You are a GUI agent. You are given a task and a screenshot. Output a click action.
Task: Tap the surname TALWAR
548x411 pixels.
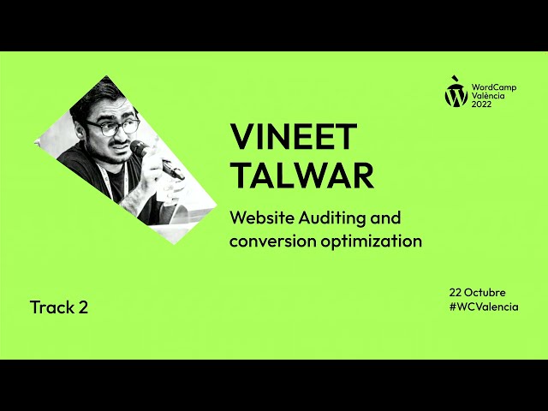302,176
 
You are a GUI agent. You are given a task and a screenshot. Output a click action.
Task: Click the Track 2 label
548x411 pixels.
58,307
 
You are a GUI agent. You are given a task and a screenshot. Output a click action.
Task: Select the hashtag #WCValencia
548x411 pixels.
483,307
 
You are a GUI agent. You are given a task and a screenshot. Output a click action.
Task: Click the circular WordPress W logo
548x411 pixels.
456,95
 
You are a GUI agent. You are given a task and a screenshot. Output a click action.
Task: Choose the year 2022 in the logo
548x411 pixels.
482,105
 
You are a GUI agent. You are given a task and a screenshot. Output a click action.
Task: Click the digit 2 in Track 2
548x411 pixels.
82,307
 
